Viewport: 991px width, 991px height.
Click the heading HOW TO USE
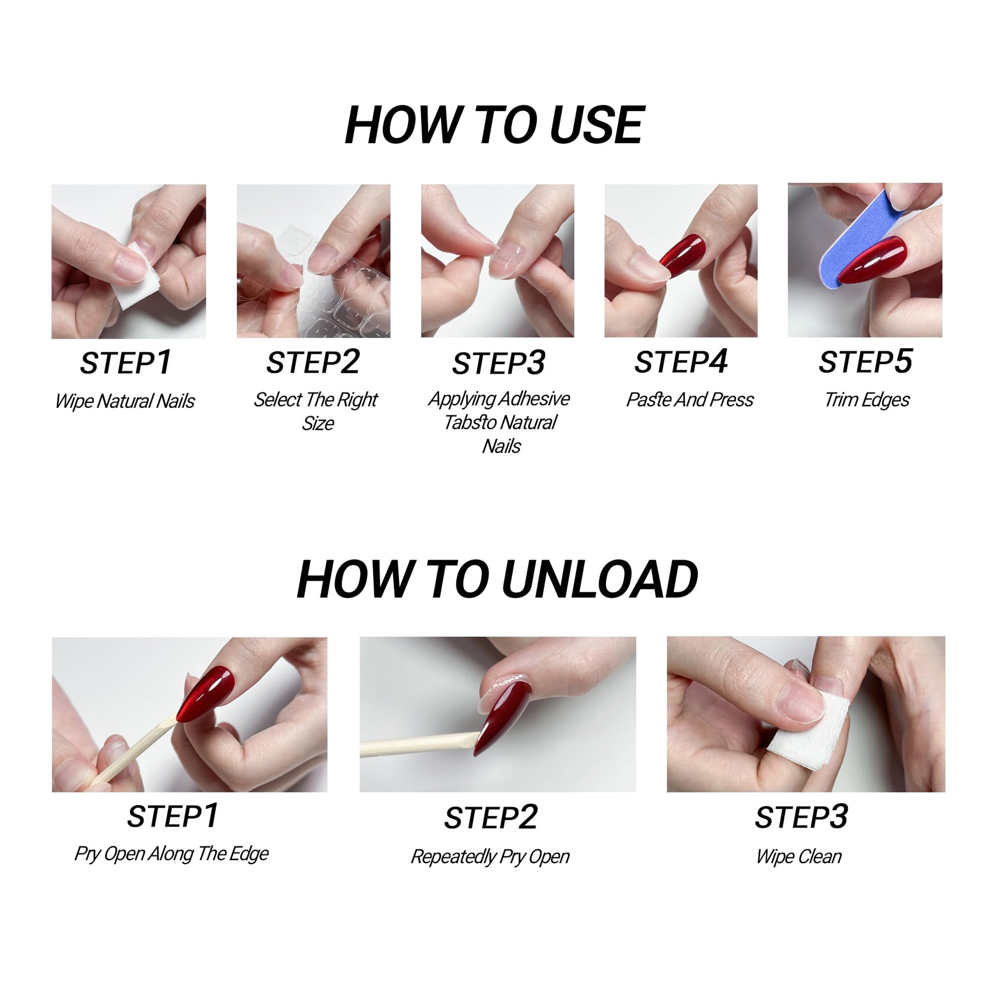coord(494,125)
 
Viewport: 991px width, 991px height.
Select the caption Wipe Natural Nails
coord(125,401)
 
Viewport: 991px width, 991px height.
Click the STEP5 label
coord(865,362)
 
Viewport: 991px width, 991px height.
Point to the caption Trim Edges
coord(867,400)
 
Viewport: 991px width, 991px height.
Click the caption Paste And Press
coord(690,400)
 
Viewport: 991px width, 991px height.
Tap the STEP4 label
coord(681,362)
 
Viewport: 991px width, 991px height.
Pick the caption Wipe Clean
coord(799,856)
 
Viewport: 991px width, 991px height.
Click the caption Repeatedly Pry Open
coord(490,857)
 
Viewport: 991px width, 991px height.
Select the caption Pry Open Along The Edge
coord(171,854)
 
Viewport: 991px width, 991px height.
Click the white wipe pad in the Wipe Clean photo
coord(808,731)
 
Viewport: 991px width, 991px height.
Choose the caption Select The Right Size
coord(316,411)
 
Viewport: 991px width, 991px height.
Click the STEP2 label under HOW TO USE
coord(313,362)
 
